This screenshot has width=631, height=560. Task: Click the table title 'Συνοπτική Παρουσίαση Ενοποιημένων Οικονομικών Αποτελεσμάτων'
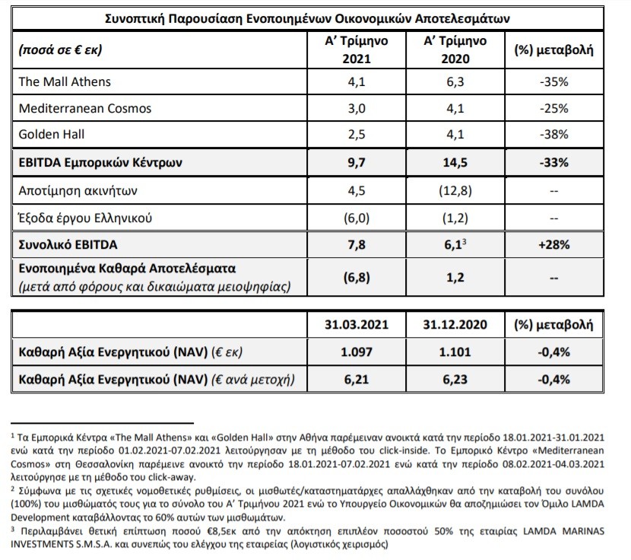(x=307, y=18)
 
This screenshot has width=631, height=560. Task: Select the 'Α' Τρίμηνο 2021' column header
(x=357, y=49)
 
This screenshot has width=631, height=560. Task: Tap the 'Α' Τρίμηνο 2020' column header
(x=455, y=49)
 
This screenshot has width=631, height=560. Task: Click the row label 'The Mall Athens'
(x=65, y=81)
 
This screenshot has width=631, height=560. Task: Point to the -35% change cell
(x=554, y=81)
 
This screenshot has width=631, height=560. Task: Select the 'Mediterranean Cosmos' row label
(x=85, y=108)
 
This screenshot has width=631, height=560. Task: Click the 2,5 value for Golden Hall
(x=357, y=134)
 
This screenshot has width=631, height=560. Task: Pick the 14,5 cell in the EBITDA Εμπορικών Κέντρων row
(x=455, y=162)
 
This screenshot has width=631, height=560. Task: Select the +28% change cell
(x=554, y=244)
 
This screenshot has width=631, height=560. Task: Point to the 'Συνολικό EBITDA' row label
(x=68, y=244)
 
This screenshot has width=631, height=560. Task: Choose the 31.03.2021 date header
(x=357, y=325)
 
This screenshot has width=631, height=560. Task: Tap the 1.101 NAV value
(x=455, y=352)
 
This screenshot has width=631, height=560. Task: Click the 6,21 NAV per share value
(x=357, y=380)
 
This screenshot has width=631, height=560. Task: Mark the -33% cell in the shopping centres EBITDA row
(x=554, y=162)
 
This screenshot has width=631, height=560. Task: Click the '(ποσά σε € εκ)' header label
(x=60, y=49)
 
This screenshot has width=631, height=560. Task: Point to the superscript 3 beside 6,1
(x=464, y=241)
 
